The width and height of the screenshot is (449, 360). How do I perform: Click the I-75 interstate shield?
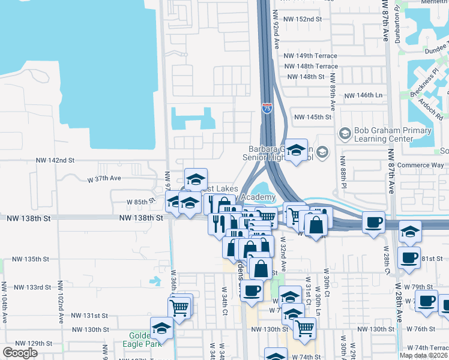pyautogui.click(x=267, y=108)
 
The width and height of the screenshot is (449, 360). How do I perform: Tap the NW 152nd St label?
pyautogui.click(x=305, y=19)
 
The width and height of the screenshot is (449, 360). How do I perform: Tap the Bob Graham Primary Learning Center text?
pyautogui.click(x=393, y=134)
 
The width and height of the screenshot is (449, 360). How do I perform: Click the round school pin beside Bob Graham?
pyautogui.click(x=345, y=133)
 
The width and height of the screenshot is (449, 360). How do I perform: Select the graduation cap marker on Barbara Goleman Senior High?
pyautogui.click(x=296, y=151)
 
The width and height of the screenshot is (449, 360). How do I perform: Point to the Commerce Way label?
pyautogui.click(x=423, y=165)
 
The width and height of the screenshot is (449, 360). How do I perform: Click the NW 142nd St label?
pyautogui.click(x=55, y=160)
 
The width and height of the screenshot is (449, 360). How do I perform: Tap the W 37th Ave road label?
pyautogui.click(x=104, y=178)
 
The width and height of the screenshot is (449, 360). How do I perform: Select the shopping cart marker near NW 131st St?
pyautogui.click(x=180, y=307)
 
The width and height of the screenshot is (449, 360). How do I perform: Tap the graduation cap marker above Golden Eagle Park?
pyautogui.click(x=161, y=328)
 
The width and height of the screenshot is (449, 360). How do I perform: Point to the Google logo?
pyautogui.click(x=20, y=352)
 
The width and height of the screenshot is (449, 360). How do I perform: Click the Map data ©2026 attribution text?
pyautogui.click(x=423, y=355)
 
